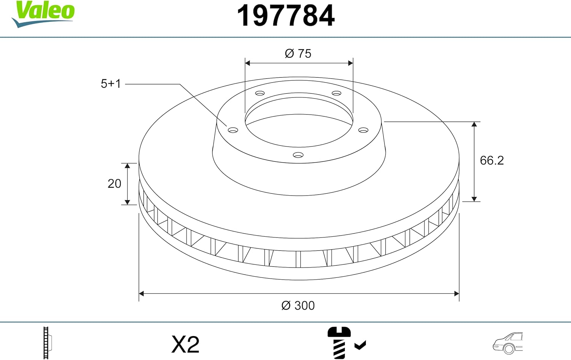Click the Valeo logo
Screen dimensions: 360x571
pyautogui.click(x=43, y=13)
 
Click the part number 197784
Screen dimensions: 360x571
pyautogui.click(x=285, y=16)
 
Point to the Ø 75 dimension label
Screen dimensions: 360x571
pyautogui.click(x=298, y=54)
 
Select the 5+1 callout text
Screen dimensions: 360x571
pyautogui.click(x=110, y=84)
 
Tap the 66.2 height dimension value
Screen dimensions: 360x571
pyautogui.click(x=491, y=161)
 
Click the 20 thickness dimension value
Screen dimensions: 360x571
pyautogui.click(x=114, y=184)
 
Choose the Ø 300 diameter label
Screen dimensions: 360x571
pyautogui.click(x=298, y=306)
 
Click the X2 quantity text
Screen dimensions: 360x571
pyautogui.click(x=185, y=344)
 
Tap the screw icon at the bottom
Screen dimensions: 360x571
pyautogui.click(x=338, y=342)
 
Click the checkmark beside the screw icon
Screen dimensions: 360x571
pyautogui.click(x=360, y=345)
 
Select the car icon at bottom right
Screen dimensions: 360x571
pyautogui.click(x=508, y=343)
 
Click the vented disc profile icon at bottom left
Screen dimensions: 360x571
pyautogui.click(x=47, y=343)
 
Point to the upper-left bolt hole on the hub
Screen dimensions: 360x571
pyautogui.click(x=260, y=93)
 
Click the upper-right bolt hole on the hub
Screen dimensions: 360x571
pyautogui.click(x=337, y=93)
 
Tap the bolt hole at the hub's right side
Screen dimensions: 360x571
pyautogui.click(x=364, y=130)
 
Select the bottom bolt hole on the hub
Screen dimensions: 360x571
pyautogui.click(x=298, y=155)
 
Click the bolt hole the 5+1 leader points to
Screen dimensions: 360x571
pyautogui.click(x=233, y=130)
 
